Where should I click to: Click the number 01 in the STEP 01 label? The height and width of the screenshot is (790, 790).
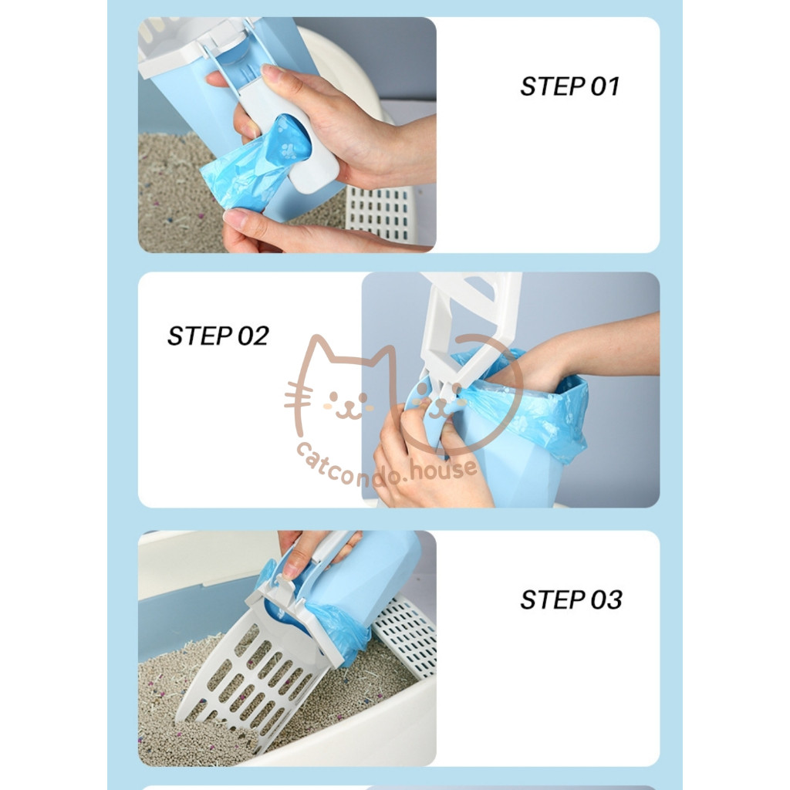(x=605, y=86)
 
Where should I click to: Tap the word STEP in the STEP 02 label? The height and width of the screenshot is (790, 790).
(x=199, y=336)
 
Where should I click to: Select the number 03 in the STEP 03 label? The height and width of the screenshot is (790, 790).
(x=606, y=600)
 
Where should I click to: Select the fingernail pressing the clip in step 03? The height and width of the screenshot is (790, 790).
(x=290, y=570)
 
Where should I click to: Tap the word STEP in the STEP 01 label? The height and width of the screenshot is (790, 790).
(x=552, y=86)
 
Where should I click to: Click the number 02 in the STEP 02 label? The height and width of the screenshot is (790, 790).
(x=253, y=336)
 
